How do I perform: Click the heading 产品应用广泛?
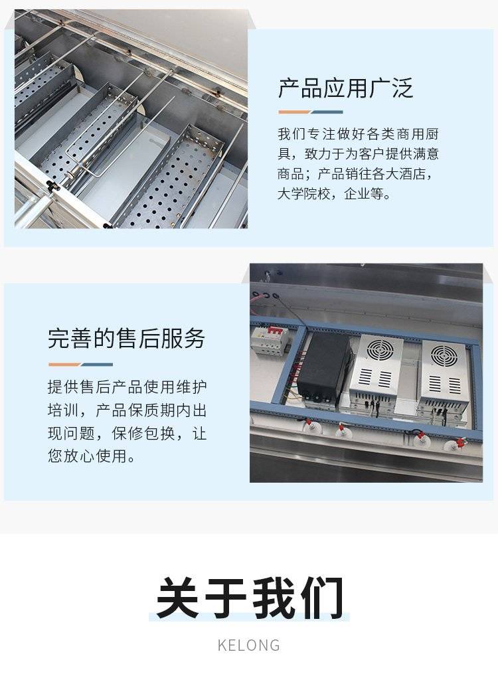(x=346, y=88)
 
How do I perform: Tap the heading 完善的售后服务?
(x=126, y=339)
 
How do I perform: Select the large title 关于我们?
(x=250, y=598)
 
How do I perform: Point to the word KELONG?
(x=249, y=645)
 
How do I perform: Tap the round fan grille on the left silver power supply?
(x=380, y=349)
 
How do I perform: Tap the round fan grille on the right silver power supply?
(x=444, y=356)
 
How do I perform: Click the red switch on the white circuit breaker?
(x=273, y=331)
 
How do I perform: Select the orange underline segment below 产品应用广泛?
(x=294, y=112)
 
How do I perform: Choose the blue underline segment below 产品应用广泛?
(x=327, y=112)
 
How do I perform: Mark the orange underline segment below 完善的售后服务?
(x=64, y=365)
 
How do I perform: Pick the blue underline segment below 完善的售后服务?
(x=97, y=365)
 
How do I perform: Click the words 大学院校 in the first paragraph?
(x=303, y=194)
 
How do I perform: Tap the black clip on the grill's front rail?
(x=52, y=186)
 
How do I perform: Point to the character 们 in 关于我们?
(x=323, y=598)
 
